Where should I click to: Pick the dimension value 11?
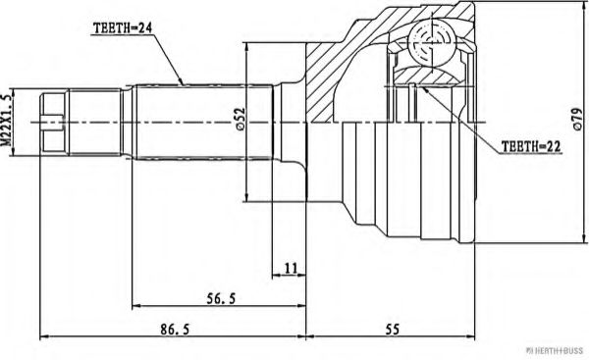pyautogui.click(x=290, y=267)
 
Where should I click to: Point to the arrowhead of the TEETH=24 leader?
pyautogui.click(x=183, y=80)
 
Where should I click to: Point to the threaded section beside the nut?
pyautogui.click(x=98, y=122)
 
